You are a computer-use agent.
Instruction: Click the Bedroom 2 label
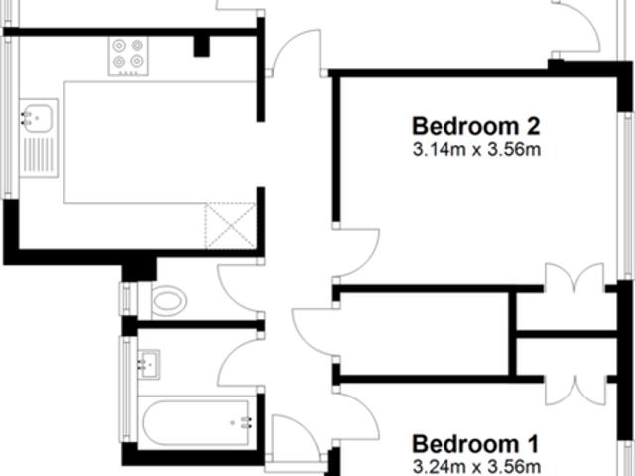[x=476, y=127]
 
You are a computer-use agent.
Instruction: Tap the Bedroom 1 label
[x=475, y=443]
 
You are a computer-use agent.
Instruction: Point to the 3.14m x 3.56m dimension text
[x=476, y=151]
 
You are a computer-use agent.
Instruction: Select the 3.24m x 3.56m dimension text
[x=476, y=466]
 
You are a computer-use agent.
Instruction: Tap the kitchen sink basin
[x=36, y=118]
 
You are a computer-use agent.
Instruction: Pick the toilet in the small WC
[x=169, y=298]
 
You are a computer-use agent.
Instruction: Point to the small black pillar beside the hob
[x=202, y=45]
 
